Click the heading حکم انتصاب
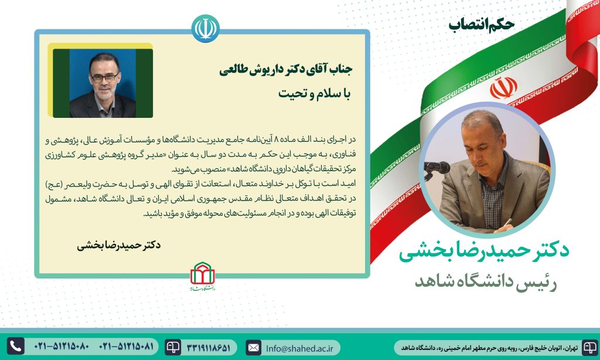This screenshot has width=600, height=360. click(x=482, y=25)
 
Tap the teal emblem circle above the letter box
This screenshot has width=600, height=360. click(x=206, y=28)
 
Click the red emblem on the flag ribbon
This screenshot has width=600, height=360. click(x=503, y=88)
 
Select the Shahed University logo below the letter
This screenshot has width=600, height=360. click(x=203, y=276)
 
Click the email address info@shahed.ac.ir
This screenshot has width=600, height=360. click(x=299, y=348)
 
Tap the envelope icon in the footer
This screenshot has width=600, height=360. click(x=253, y=348)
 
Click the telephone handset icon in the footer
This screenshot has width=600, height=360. click(x=16, y=346)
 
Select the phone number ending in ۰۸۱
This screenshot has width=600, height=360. click(x=127, y=347)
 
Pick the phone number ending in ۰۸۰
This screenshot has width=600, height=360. click(x=62, y=347)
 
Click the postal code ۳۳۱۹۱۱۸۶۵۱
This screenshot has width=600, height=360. click(x=209, y=348)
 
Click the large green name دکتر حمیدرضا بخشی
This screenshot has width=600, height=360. click(x=484, y=252)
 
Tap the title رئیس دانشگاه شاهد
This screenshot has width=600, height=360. click(x=486, y=282)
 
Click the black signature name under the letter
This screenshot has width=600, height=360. click(x=118, y=246)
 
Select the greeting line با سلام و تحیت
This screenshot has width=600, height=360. click(x=314, y=94)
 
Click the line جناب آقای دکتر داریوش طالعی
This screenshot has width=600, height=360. click(x=286, y=70)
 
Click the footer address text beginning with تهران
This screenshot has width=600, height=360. click(x=489, y=348)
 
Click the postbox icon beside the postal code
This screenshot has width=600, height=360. click(x=173, y=347)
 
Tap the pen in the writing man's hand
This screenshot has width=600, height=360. click(x=508, y=222)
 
